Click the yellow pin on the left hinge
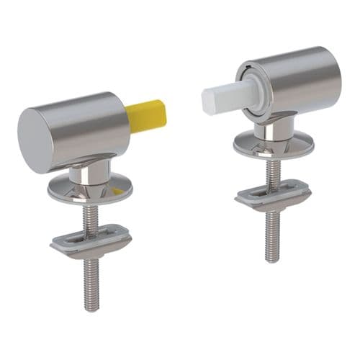click(x=146, y=116)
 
